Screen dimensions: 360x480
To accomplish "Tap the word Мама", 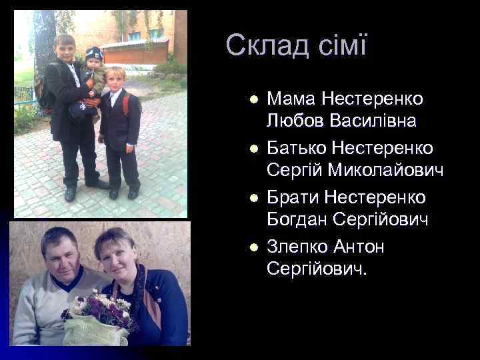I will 291,99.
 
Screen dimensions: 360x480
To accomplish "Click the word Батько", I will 297,147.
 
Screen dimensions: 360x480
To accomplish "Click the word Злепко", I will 300,247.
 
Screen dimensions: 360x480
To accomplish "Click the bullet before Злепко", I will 252,247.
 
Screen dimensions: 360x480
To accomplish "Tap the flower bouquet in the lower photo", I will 100,313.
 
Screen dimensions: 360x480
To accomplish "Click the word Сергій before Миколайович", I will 293,171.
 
